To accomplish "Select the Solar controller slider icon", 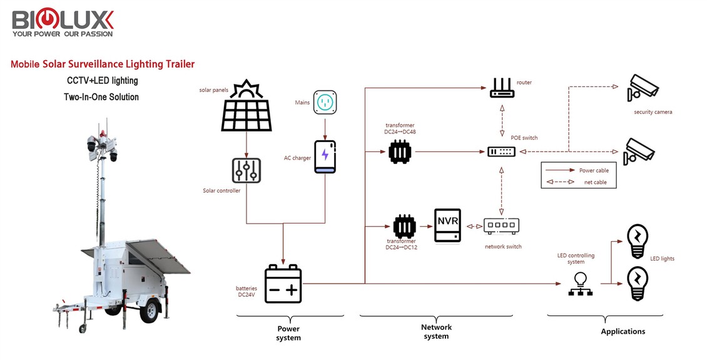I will click(x=247, y=170).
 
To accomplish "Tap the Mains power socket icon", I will click(x=324, y=101).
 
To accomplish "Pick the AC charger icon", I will click(x=324, y=157).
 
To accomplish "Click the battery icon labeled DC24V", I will click(x=283, y=284).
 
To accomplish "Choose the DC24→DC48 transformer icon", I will click(x=399, y=152).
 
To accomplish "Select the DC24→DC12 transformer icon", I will click(x=404, y=226).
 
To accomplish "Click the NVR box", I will click(x=447, y=225).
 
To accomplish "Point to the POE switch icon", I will click(x=502, y=152).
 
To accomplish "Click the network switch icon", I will click(x=501, y=225).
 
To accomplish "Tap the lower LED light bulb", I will click(x=637, y=284).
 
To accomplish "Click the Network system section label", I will click(x=436, y=331).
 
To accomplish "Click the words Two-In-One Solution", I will click(x=101, y=97).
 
